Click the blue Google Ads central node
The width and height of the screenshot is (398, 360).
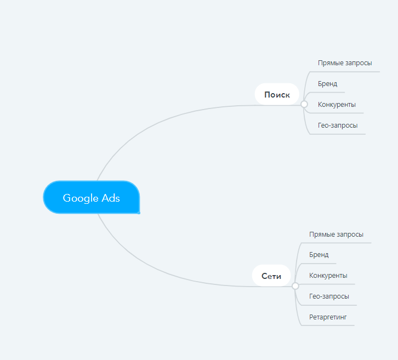tap(92, 197)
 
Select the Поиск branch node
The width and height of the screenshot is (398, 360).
tap(277, 94)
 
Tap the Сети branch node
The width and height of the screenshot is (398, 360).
tap(271, 276)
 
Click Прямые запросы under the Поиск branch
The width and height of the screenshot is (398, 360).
tap(345, 63)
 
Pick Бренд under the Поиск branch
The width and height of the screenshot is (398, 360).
tap(327, 84)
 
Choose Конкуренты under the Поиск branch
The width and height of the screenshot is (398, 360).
tap(337, 105)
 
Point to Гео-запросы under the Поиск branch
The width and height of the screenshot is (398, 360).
tap(338, 125)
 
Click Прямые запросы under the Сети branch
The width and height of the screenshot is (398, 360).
tap(336, 235)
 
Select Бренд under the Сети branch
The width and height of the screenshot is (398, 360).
tap(319, 255)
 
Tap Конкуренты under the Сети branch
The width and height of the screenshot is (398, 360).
tap(328, 276)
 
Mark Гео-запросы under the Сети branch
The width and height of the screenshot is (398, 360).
tap(329, 296)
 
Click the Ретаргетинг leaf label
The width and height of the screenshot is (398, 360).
tap(328, 317)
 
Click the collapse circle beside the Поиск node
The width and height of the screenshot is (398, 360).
tap(304, 104)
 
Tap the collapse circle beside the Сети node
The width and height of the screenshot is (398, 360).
tap(295, 286)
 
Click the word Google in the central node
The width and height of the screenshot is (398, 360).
tap(81, 198)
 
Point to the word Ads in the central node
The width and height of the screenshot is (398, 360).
tap(111, 198)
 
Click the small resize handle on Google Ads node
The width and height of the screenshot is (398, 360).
tap(139, 213)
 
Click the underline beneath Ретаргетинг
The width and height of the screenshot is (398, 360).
tap(328, 325)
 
